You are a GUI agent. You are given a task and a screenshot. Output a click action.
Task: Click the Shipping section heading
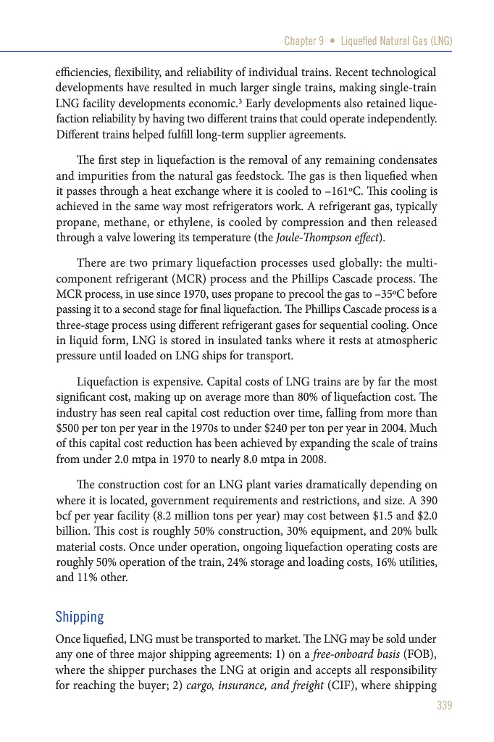[80, 617]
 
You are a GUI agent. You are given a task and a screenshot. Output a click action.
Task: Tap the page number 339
[444, 706]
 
